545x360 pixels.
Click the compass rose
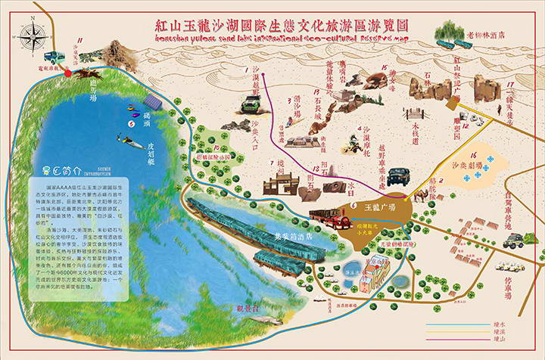click(x=33, y=35)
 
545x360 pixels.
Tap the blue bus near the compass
click(x=54, y=57)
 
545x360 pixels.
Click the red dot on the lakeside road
click(x=67, y=74)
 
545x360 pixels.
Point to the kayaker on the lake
click(x=123, y=139)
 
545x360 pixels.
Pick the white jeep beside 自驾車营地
click(x=517, y=241)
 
